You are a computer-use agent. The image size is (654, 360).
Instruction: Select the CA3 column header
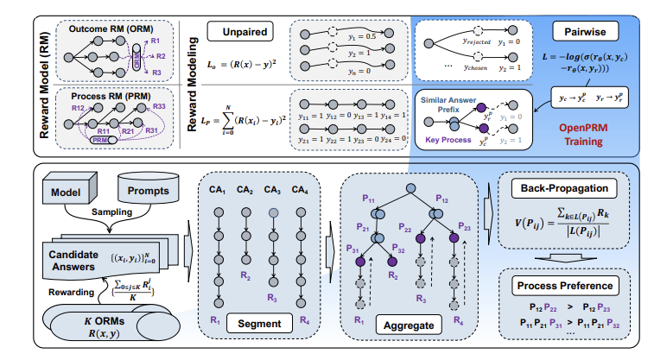coord(274,190)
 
